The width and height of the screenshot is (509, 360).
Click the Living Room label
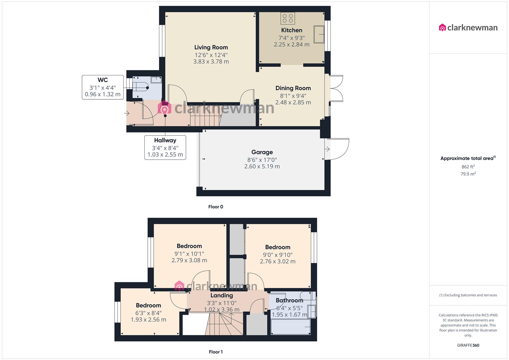(x=211, y=47)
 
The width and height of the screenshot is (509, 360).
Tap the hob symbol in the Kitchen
(x=288, y=18)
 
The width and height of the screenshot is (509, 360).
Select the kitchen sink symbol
(x=319, y=34)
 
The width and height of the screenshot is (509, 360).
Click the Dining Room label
(x=293, y=88)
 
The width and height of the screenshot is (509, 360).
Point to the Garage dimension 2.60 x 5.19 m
(x=262, y=166)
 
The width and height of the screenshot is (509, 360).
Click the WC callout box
(x=103, y=87)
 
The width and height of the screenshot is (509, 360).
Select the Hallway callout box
(x=165, y=147)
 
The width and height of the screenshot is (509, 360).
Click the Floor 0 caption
(x=216, y=207)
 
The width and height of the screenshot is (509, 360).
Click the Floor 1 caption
(x=216, y=352)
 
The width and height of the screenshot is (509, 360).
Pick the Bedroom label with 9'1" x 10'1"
(x=189, y=246)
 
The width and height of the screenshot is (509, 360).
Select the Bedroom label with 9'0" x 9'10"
(x=277, y=247)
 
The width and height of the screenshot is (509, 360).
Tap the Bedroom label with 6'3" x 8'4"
(x=148, y=305)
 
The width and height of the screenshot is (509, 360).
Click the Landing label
(x=222, y=295)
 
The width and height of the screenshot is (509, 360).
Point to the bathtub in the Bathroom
(x=291, y=327)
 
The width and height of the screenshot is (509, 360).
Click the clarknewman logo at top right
(x=468, y=28)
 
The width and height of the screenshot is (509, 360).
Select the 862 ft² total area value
(x=468, y=167)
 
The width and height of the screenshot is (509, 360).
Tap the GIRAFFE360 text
(x=468, y=345)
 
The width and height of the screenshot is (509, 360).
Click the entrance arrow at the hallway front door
(x=127, y=114)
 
